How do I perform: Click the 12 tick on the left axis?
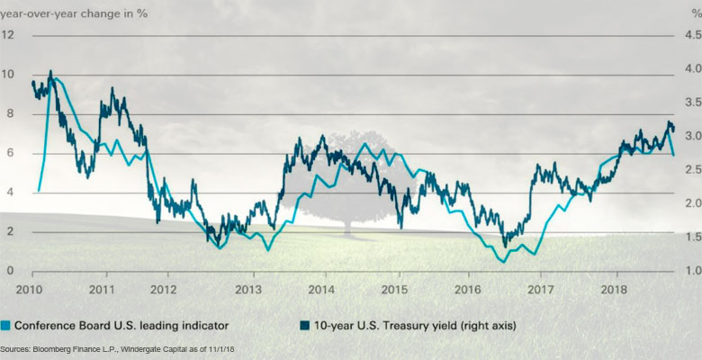click(x=8, y=35)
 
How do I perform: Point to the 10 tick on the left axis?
click(x=8, y=75)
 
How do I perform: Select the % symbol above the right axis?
click(x=688, y=11)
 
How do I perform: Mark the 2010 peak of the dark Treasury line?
click(x=50, y=71)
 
